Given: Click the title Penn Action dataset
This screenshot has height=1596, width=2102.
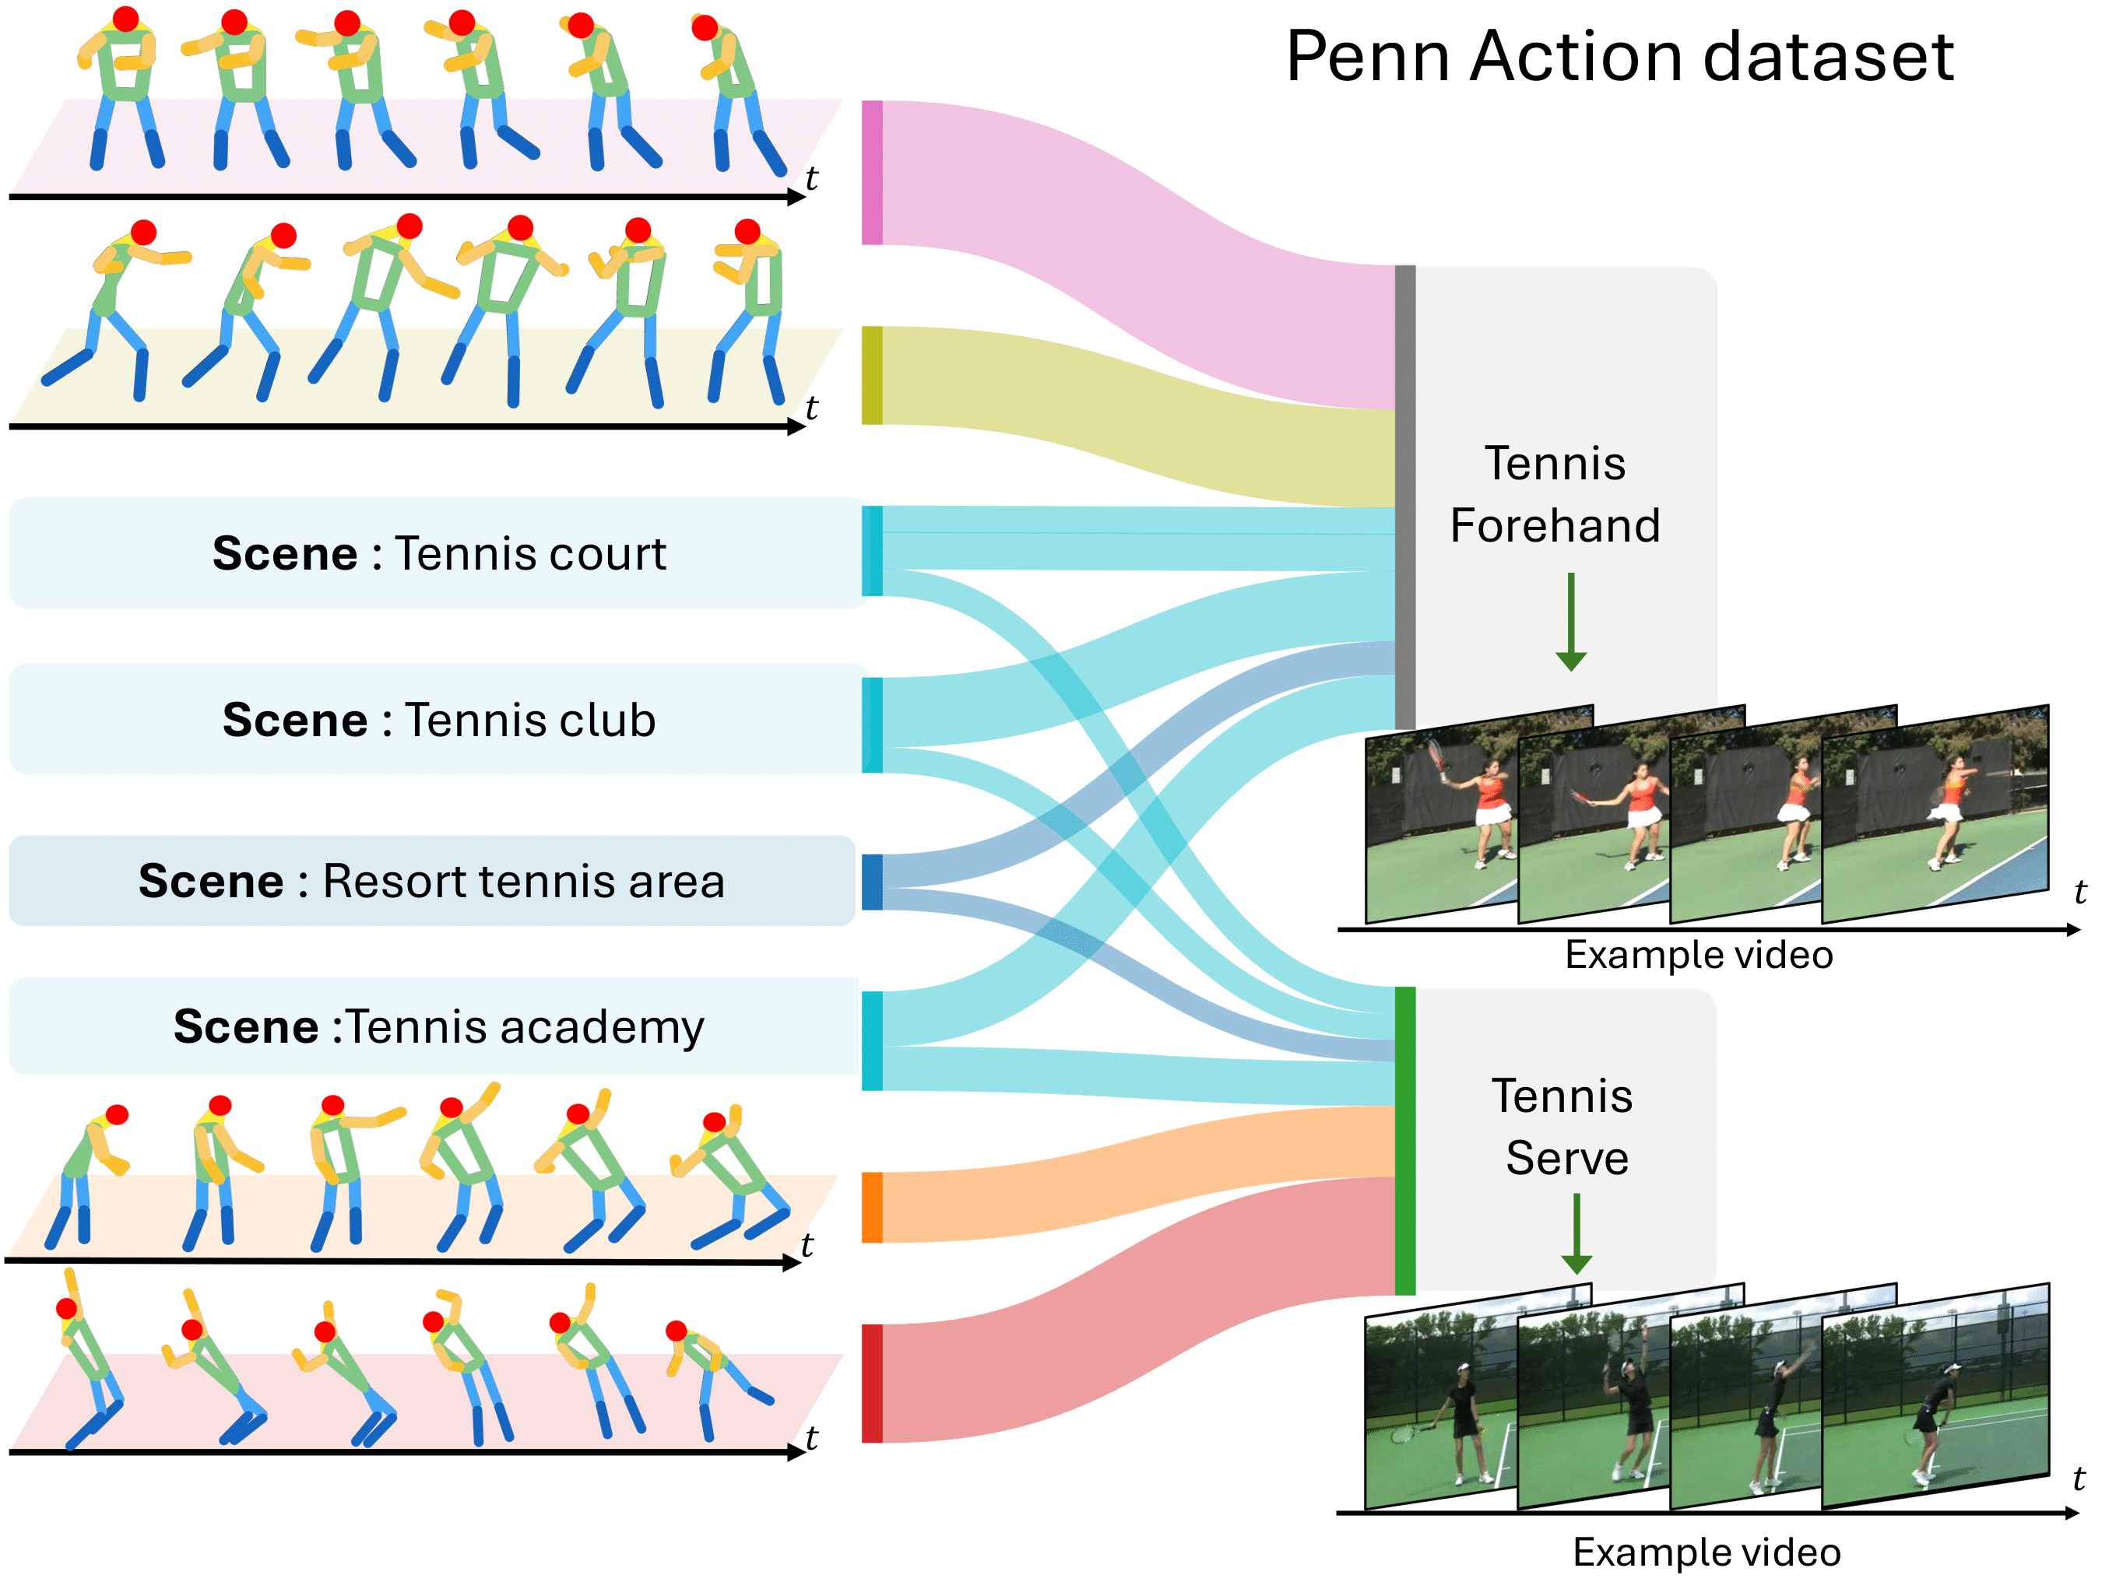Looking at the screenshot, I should pyautogui.click(x=1619, y=57).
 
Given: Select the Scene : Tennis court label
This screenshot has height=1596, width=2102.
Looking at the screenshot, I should pyautogui.click(x=438, y=554).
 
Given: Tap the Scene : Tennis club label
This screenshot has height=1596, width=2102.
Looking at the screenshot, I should pyautogui.click(x=438, y=720).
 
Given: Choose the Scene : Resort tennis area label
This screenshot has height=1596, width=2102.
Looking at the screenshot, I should pyautogui.click(x=431, y=882).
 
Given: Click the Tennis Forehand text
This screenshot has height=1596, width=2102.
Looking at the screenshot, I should pyautogui.click(x=1555, y=495).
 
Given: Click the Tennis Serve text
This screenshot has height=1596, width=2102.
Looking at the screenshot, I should pyautogui.click(x=1564, y=1127).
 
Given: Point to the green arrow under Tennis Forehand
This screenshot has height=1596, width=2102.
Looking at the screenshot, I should pyautogui.click(x=1571, y=623).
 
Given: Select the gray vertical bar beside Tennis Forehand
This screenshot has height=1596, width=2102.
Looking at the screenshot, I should pyautogui.click(x=1404, y=496).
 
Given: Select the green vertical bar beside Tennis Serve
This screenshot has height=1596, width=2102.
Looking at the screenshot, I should pyautogui.click(x=1404, y=1141).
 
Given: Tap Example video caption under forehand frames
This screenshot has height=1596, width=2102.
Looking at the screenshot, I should pyautogui.click(x=1698, y=955).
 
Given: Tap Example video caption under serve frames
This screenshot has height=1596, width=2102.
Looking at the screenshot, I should pyautogui.click(x=1706, y=1552).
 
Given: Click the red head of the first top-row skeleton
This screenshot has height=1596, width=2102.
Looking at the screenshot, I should pyautogui.click(x=125, y=18).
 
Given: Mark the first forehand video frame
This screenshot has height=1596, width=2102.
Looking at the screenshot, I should pyautogui.click(x=1439, y=822).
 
